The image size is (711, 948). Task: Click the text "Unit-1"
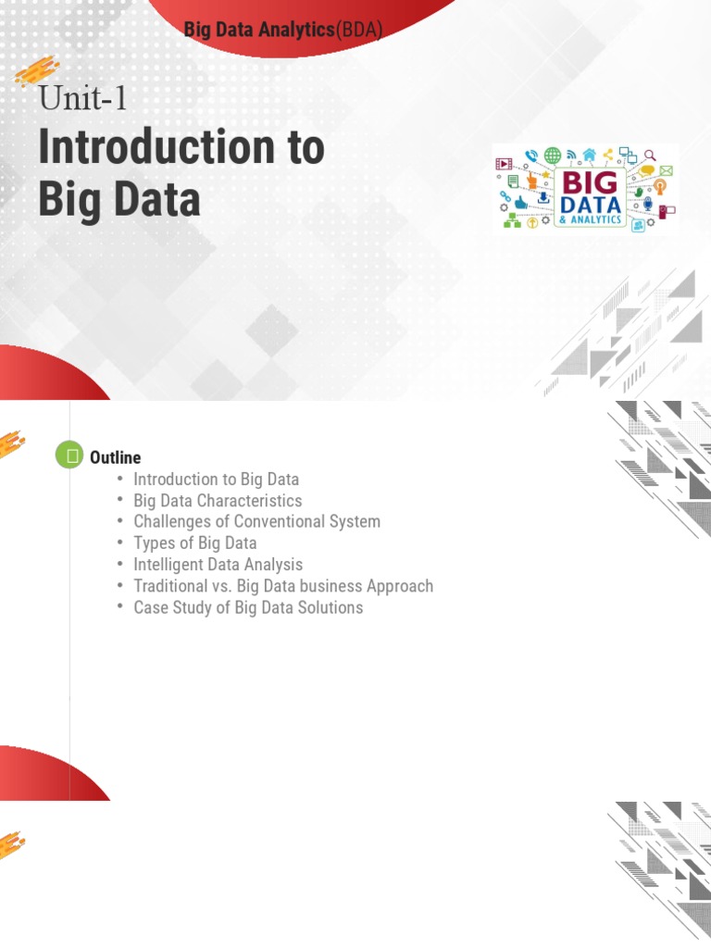[82, 97]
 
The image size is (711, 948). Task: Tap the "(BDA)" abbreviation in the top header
[359, 30]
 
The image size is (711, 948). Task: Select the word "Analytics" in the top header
[297, 30]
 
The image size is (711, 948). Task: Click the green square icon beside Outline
[69, 455]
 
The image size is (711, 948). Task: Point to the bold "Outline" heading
[115, 457]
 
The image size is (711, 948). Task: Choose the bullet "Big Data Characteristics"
[218, 501]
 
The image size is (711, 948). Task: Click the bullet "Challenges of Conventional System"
[256, 522]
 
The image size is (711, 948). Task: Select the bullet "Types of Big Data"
[194, 543]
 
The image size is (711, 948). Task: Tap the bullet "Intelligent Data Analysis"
[218, 565]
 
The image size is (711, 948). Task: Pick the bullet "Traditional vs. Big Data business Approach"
[283, 586]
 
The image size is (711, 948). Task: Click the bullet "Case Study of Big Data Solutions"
[248, 608]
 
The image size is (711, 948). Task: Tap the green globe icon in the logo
[553, 156]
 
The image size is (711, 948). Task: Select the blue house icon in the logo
[589, 154]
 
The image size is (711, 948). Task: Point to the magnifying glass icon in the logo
[650, 156]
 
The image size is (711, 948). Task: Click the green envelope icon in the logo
[666, 171]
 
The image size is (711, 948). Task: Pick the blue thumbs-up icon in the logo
[520, 202]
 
